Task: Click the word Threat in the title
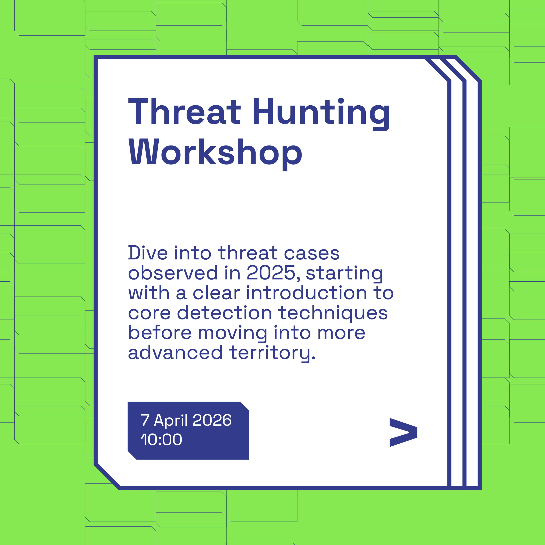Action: [x=185, y=111]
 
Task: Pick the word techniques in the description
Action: [x=333, y=313]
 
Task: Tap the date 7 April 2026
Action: [x=186, y=420]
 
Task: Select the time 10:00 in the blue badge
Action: [x=161, y=439]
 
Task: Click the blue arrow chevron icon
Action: [x=403, y=432]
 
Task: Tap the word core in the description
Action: [x=149, y=313]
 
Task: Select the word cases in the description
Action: [x=312, y=253]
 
